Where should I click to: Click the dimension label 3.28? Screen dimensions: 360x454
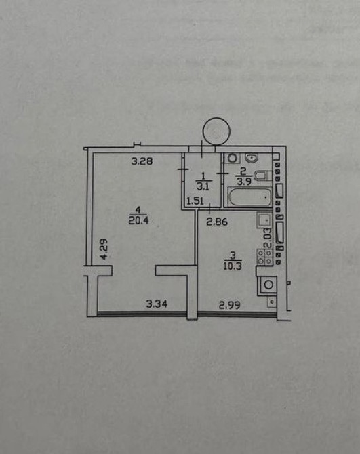[x=142, y=161]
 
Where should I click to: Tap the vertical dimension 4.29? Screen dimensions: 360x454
[x=104, y=249]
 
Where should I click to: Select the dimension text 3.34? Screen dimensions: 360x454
[x=157, y=304]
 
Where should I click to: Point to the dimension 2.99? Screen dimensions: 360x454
[x=229, y=305]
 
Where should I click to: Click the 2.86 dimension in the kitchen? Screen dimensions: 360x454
[x=217, y=222]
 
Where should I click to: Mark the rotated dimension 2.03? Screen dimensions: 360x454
[x=268, y=238]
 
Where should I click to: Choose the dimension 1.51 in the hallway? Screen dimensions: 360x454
[x=195, y=201]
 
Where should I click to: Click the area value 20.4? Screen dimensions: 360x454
[x=138, y=220]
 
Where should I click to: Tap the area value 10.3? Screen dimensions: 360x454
[x=233, y=266]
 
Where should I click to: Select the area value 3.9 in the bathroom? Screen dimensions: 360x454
[x=243, y=182]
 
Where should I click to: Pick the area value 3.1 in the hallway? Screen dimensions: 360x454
[x=203, y=187]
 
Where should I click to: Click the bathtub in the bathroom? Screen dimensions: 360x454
[x=250, y=197]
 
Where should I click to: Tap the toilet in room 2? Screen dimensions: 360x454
[x=262, y=176]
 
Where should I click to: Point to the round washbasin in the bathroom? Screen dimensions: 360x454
[x=252, y=158]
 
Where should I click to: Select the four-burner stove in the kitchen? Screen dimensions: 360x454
[x=264, y=257]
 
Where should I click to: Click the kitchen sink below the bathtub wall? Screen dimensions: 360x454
[x=264, y=220]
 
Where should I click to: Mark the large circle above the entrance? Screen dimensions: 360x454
[x=217, y=131]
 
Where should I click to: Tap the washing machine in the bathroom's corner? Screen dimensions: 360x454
[x=233, y=158]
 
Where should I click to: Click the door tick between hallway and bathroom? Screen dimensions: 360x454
[x=222, y=173]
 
